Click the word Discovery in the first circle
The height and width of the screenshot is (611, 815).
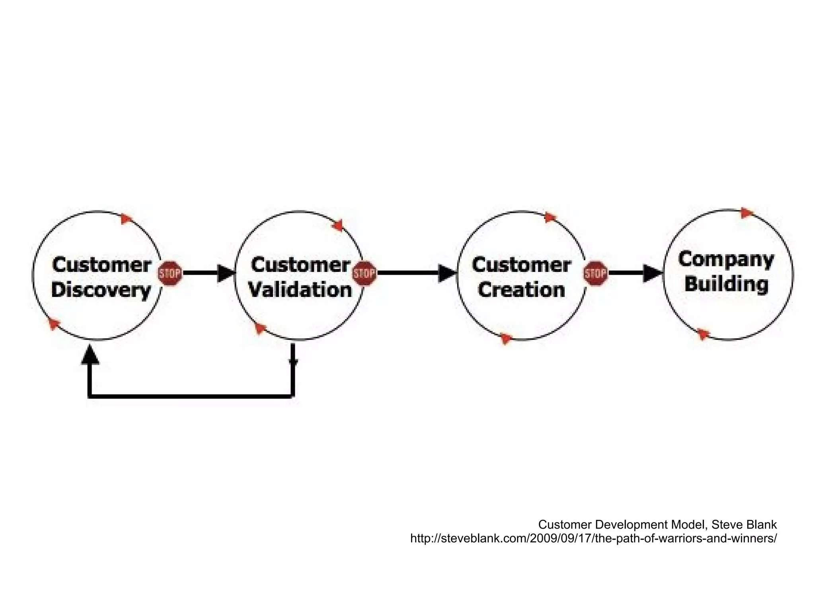point(101,290)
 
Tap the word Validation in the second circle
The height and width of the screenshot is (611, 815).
point(300,290)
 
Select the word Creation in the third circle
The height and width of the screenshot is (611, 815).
point(521,290)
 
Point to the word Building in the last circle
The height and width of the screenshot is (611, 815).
point(726,284)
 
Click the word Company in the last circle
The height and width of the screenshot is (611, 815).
point(726,260)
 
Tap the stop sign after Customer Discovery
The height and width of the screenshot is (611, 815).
point(170,273)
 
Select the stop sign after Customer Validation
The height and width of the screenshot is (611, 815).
point(365,273)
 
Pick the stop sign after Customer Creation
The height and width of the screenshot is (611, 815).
point(595,273)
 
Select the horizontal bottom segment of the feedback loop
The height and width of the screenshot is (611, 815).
point(191,396)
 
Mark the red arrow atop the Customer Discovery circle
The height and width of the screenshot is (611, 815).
point(127,219)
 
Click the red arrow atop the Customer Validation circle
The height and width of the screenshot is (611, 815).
point(338,225)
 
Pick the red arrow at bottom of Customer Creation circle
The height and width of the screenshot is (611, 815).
point(506,338)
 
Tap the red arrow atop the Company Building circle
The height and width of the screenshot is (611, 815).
point(747,213)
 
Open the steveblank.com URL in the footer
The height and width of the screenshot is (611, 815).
point(593,539)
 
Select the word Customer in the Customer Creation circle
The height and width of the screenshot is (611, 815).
point(521,265)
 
